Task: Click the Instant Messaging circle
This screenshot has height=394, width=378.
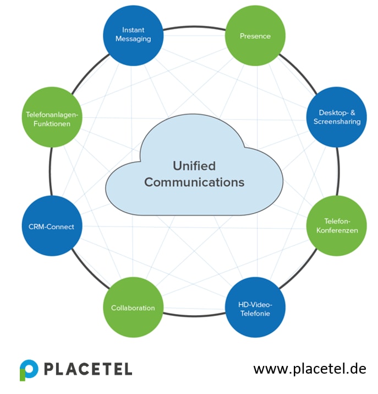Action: click(x=134, y=35)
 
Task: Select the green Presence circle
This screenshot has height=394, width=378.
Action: click(x=255, y=36)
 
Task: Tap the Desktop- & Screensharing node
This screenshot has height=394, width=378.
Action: click(x=337, y=117)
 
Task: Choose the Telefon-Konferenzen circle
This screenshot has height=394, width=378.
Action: click(x=337, y=225)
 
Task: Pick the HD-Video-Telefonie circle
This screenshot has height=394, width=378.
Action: click(x=255, y=307)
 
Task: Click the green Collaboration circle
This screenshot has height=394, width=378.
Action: click(x=133, y=307)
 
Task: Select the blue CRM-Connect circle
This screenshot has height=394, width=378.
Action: click(x=51, y=226)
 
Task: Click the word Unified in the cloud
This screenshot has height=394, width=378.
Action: click(x=194, y=165)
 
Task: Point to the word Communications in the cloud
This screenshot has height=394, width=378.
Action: click(x=194, y=182)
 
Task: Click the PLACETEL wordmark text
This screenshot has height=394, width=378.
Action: click(x=88, y=369)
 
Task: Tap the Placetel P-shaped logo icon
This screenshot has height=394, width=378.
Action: click(x=29, y=369)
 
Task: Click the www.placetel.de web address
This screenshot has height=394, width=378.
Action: click(x=309, y=368)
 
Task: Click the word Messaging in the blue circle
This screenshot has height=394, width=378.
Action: click(x=134, y=39)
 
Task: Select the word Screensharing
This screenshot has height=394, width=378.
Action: click(x=337, y=121)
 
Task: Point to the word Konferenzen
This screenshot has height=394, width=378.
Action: click(x=337, y=230)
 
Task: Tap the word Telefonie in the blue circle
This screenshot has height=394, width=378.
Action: click(x=255, y=314)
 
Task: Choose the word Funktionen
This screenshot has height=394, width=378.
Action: click(x=52, y=123)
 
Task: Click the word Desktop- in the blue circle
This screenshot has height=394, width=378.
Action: click(x=333, y=112)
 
